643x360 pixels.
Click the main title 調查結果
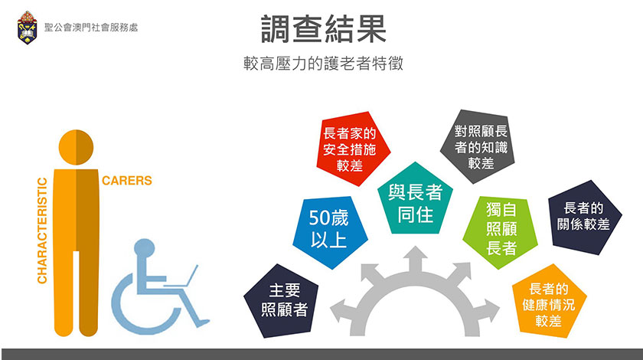click(324, 29)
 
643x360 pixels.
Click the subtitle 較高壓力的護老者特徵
click(323, 64)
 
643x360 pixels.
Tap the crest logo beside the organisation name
click(27, 28)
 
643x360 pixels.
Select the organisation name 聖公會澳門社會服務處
click(91, 28)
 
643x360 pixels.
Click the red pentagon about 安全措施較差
click(352, 149)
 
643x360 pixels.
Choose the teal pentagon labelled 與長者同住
click(416, 201)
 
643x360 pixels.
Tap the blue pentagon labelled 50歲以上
click(329, 232)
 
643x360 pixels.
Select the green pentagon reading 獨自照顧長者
click(501, 231)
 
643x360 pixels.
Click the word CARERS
click(127, 181)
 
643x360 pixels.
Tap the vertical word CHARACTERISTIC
click(42, 231)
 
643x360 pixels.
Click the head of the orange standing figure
click(77, 147)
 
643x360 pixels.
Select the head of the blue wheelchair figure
click(145, 249)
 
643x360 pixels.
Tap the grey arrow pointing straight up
click(416, 260)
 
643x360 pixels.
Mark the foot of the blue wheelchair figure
click(203, 323)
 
